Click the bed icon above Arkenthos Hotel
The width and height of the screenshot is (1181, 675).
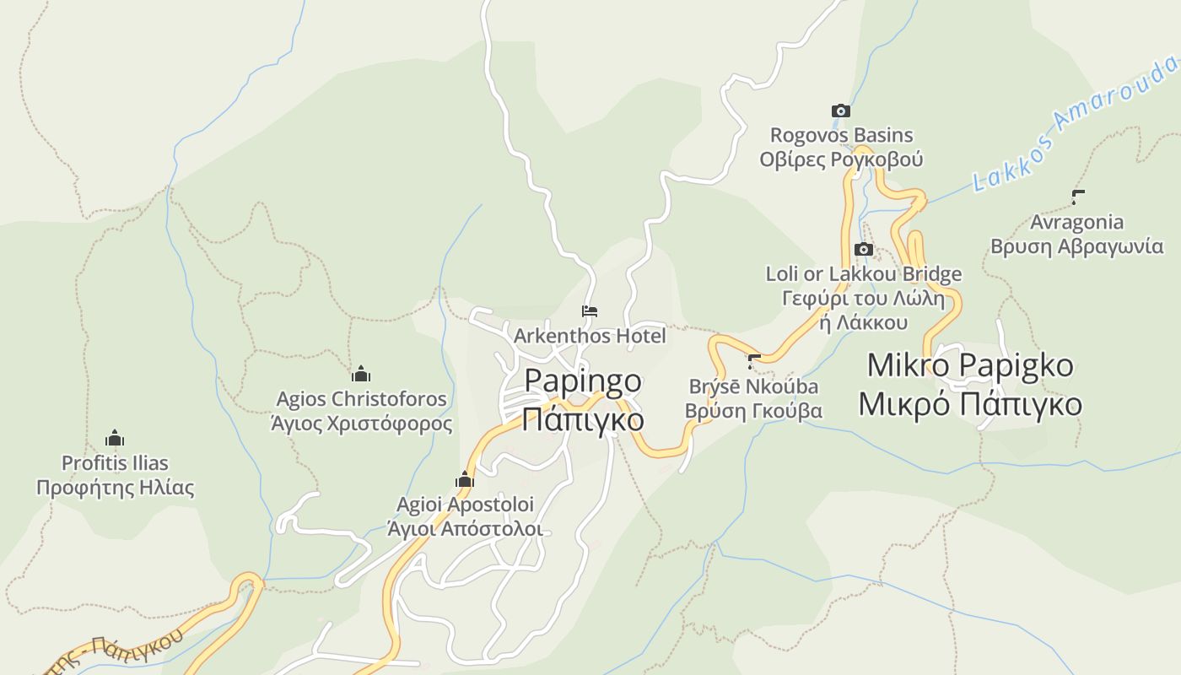tap(590, 311)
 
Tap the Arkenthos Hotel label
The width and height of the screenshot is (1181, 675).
tap(590, 336)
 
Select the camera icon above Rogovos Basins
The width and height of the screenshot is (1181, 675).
tap(840, 111)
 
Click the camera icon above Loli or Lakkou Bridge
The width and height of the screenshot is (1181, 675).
tap(863, 249)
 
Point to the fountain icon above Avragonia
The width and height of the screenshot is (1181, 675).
tap(1077, 197)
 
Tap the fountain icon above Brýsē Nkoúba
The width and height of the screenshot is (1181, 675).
tap(754, 362)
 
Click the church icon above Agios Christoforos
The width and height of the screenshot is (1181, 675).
tap(361, 374)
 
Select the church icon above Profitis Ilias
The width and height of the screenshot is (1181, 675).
tap(115, 438)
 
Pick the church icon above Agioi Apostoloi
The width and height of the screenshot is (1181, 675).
tap(464, 480)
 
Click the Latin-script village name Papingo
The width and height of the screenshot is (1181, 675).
tap(583, 381)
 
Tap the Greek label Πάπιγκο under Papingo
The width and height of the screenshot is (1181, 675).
tap(583, 418)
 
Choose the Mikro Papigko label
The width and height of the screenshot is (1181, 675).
tap(970, 365)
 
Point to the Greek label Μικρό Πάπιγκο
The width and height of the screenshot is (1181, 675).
tap(970, 404)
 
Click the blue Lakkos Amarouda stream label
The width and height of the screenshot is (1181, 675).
tap(1075, 123)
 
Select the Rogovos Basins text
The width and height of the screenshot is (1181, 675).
tap(841, 135)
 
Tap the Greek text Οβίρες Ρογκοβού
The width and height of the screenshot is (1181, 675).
tap(841, 159)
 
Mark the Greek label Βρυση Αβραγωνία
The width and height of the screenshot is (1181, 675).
tap(1077, 246)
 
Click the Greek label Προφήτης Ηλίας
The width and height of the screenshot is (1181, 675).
tap(115, 488)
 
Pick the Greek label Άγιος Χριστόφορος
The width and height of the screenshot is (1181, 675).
tap(361, 423)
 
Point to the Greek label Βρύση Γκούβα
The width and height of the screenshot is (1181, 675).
tap(753, 411)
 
